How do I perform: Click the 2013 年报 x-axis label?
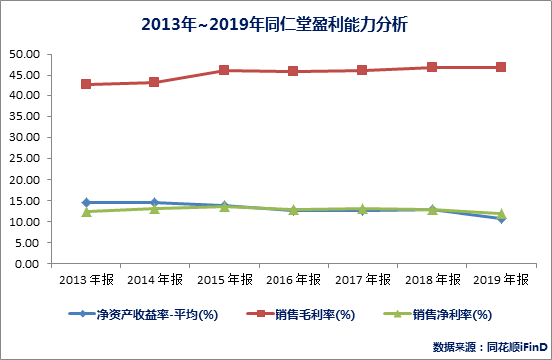point(86,280)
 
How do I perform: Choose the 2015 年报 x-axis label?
point(224,280)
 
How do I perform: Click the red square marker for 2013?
point(86,84)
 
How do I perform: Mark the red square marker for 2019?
point(501,67)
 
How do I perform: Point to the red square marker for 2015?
point(224,70)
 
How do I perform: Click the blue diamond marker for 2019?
point(501,219)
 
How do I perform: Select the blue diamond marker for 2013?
point(86,203)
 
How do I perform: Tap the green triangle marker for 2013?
point(86,211)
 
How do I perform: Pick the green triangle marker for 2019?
point(501,213)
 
